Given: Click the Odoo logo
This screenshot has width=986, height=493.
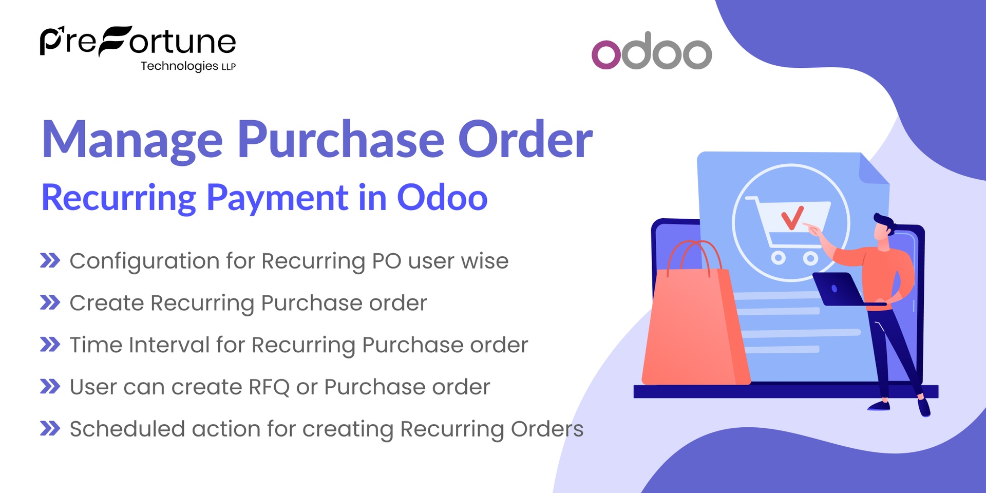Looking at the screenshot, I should pos(652,51).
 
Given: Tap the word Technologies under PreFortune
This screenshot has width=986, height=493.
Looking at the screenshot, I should pos(179,66).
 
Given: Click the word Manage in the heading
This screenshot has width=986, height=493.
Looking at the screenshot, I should pos(132,140).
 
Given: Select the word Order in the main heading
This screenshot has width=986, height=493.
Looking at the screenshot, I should pos(525,140).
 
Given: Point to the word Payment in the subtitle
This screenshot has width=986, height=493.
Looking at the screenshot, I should pos(277,198).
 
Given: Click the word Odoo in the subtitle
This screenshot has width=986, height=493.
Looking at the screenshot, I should pos(442,198).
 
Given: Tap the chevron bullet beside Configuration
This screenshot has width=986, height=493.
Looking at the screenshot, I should pos(50,261).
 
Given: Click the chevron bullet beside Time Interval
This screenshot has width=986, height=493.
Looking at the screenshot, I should pos(50,345).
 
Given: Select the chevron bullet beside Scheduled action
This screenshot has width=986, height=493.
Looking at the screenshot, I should pos(50,428).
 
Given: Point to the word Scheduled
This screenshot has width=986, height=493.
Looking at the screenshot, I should pos(127,429).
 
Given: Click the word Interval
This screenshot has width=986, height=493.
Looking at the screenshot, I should pos(169,345).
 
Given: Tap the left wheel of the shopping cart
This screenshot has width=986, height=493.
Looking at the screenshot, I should pos(778,257).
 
